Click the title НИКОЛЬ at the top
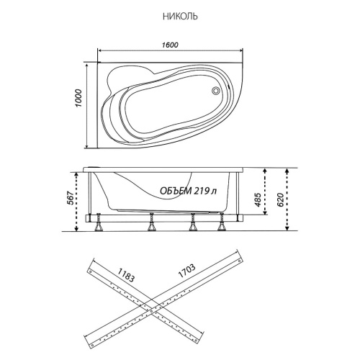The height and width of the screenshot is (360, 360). [x=180, y=17]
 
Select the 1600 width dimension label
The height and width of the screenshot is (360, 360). [x=170, y=45]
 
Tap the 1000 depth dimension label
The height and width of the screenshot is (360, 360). [x=78, y=98]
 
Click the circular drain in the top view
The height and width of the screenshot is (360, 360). [x=215, y=91]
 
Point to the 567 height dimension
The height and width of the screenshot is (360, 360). [x=70, y=198]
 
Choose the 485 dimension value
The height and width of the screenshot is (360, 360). [x=258, y=199]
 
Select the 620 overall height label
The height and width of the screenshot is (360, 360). [x=280, y=199]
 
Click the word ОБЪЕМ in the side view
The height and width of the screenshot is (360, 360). [x=176, y=191]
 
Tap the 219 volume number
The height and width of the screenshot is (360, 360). [x=201, y=191]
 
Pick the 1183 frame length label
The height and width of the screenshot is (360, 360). [x=126, y=275]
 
